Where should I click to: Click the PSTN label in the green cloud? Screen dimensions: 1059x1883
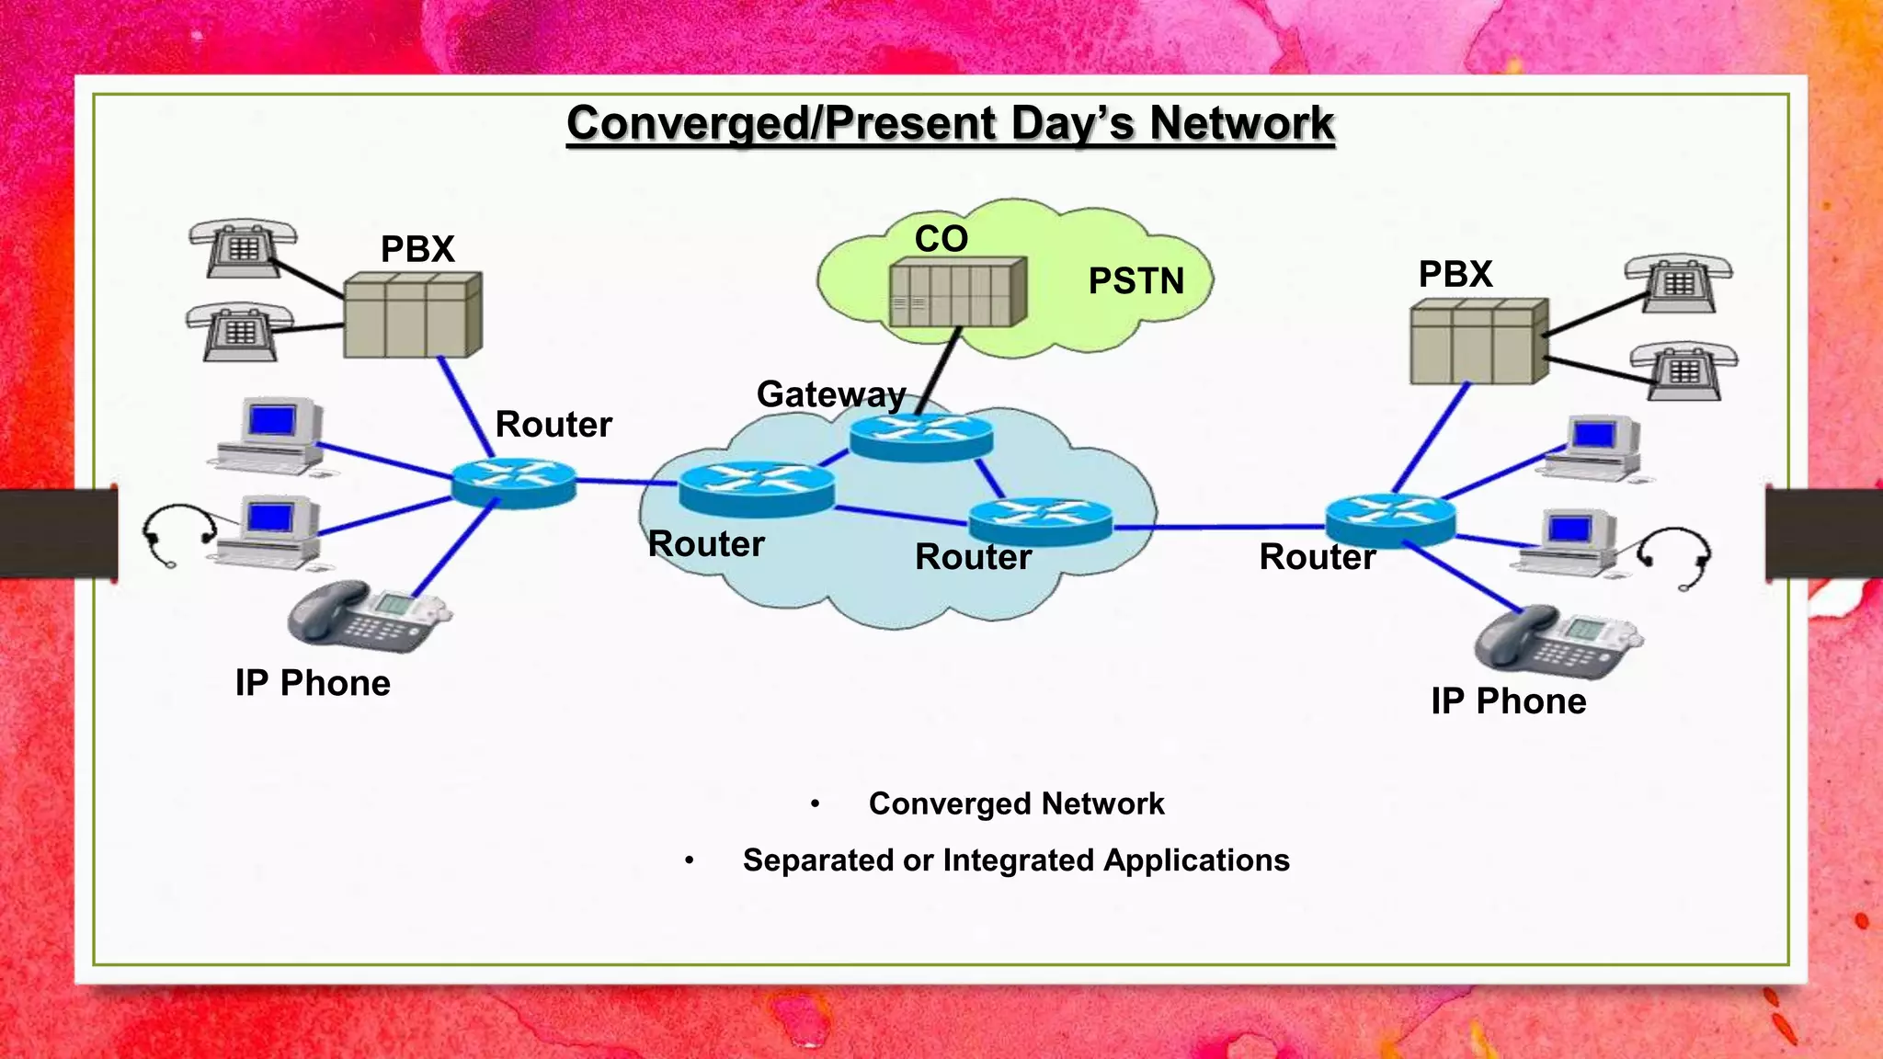[x=1136, y=281]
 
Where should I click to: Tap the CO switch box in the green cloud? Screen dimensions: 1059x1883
[x=956, y=292]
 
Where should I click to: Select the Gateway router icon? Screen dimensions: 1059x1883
[x=921, y=436]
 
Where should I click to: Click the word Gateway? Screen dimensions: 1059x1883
[x=831, y=394]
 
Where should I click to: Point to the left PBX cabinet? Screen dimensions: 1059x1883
[x=412, y=315]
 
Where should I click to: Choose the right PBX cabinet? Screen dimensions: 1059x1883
[x=1478, y=341]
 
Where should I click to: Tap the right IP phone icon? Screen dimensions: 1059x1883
[x=1556, y=641]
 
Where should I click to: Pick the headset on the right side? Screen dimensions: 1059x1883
[x=1678, y=555]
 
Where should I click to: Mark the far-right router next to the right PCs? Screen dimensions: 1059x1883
[x=1390, y=520]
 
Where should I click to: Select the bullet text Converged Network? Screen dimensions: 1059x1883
[x=1016, y=804]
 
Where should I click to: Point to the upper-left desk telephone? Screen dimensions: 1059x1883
[x=242, y=247]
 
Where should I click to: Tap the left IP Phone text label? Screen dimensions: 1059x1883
[x=313, y=684]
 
